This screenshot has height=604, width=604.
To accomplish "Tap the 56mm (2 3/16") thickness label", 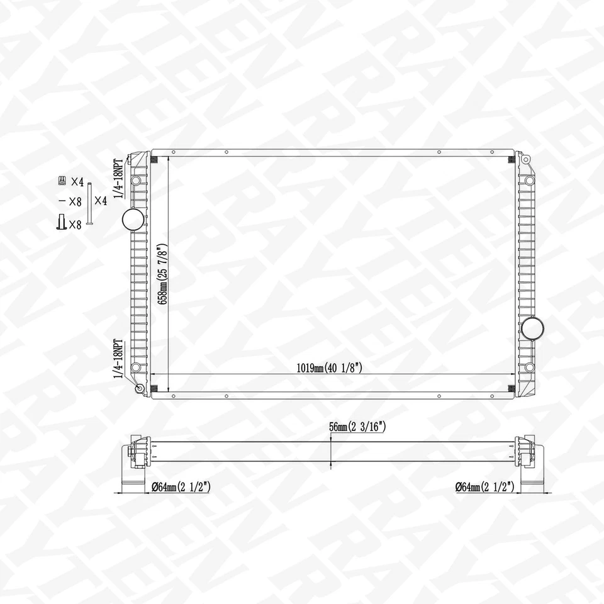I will (x=357, y=427).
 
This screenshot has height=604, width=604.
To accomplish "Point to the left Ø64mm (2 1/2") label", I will (x=180, y=486).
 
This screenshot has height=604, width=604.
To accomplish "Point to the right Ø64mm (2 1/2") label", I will (x=484, y=486).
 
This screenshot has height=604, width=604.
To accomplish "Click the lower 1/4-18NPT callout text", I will (x=117, y=359).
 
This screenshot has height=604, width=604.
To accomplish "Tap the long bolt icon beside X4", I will (x=89, y=204).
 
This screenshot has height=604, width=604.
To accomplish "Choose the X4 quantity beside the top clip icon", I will (x=77, y=182).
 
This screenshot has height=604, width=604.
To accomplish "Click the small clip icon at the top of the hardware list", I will (x=62, y=181).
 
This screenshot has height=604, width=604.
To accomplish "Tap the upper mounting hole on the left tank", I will (x=135, y=181).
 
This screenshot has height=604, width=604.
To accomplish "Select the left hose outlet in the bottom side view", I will (x=131, y=483).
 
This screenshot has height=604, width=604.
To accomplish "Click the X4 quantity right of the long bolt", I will (x=101, y=201).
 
